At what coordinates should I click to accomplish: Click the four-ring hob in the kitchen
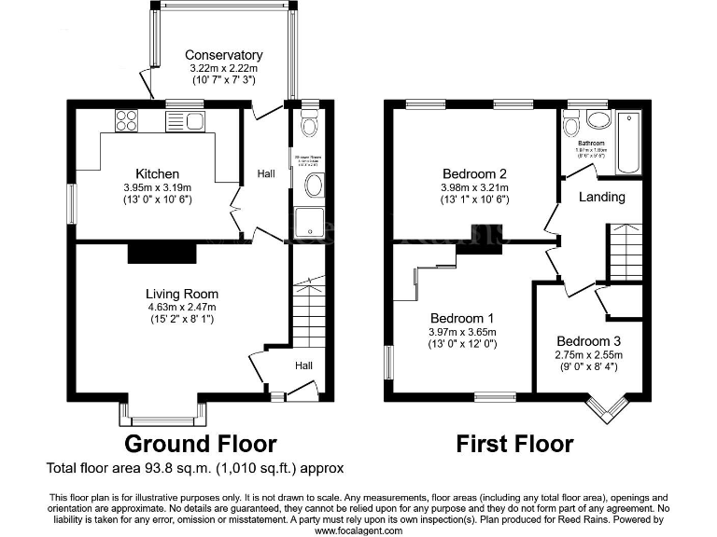(x=126, y=121)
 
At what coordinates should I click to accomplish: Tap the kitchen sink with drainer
(x=185, y=121)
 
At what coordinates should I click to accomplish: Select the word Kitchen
(x=157, y=174)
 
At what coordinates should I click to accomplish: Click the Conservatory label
(x=223, y=55)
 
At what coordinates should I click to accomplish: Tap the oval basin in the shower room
(x=314, y=185)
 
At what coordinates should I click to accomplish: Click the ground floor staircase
(x=307, y=312)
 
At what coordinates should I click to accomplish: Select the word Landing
(x=602, y=198)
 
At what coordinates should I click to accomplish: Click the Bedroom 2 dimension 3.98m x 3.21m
(x=473, y=186)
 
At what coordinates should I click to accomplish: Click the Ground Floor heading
(x=200, y=443)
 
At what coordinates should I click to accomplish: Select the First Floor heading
(x=514, y=443)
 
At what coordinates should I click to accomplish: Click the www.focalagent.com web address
(x=358, y=530)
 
